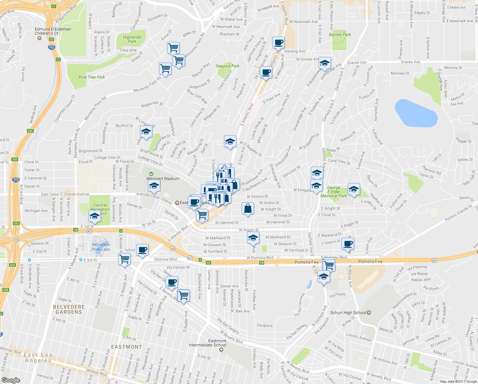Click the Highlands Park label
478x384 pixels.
click(132, 39)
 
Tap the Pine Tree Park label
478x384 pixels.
click(92, 77)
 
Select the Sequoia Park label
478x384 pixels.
click(227, 66)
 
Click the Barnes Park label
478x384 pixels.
click(340, 35)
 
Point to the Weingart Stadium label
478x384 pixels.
click(163, 179)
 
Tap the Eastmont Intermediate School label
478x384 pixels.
click(217, 343)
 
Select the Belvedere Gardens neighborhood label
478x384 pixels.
click(69, 309)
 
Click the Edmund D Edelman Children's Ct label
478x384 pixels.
click(53, 31)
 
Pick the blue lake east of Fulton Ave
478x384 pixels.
click(416, 114)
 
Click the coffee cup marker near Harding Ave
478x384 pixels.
click(278, 42)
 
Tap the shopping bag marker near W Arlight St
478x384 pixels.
click(248, 209)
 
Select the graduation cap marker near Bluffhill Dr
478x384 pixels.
click(146, 132)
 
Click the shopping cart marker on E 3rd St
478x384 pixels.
click(124, 259)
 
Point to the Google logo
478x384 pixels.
click(11, 380)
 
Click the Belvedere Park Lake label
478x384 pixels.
click(101, 247)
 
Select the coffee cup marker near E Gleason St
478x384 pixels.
click(348, 244)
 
